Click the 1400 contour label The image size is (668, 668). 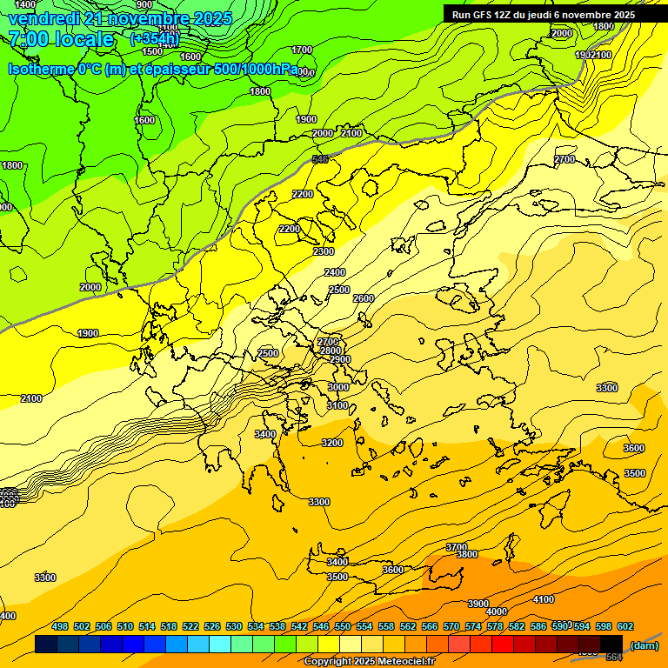tap(26, 5)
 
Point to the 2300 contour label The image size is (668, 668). tap(323, 251)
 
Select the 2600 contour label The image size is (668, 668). tap(363, 298)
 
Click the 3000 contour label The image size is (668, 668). tap(337, 387)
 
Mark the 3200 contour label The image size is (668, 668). tap(332, 443)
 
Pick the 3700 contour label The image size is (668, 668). tap(456, 547)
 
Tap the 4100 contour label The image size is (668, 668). tap(544, 599)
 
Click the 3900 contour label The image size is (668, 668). tap(478, 604)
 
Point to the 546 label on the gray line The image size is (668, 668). tap(319, 159)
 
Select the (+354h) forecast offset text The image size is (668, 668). tap(155, 39)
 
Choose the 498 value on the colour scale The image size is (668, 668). tap(60, 626)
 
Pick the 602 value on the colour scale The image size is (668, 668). tap(625, 626)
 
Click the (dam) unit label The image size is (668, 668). tap(644, 645)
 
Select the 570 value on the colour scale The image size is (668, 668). tap(451, 626)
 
